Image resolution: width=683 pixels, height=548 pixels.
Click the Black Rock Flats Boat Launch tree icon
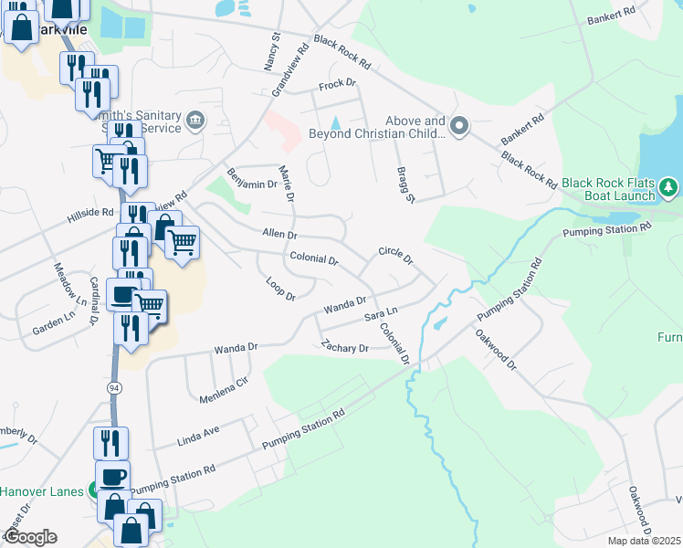click(669, 188)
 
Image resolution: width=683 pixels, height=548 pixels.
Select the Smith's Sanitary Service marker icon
click(194, 121)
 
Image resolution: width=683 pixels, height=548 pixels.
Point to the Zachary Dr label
click(344, 347)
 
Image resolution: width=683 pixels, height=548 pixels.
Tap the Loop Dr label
click(280, 290)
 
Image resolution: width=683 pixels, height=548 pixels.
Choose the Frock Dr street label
click(335, 86)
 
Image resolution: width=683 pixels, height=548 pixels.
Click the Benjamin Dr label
click(250, 178)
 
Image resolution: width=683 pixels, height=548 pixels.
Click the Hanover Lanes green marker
click(91, 491)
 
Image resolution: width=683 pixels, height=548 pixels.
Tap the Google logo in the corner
click(31, 537)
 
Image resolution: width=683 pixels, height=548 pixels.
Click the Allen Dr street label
click(279, 235)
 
